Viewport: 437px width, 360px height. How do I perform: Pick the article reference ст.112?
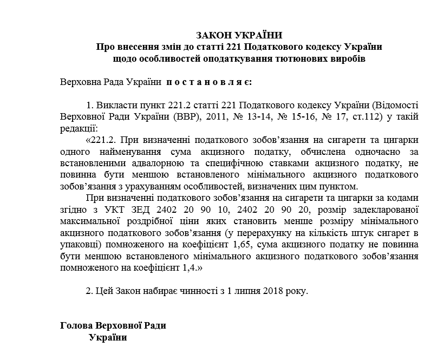369,117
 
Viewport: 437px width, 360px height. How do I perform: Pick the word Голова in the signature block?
76,326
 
